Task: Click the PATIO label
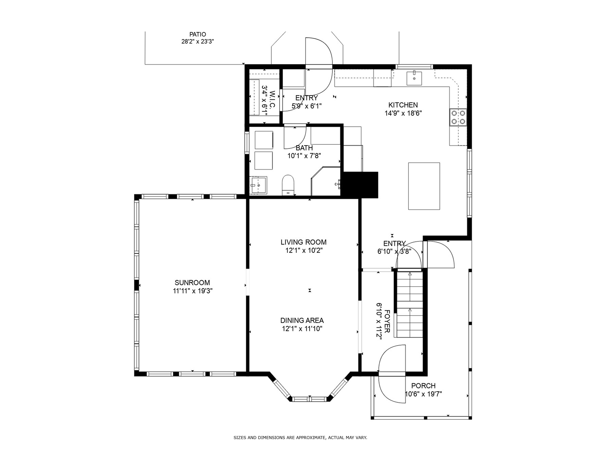click(198, 34)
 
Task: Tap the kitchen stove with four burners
click(458, 117)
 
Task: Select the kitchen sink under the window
click(414, 78)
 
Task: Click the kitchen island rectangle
click(424, 186)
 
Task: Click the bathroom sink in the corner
click(258, 185)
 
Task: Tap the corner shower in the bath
click(326, 181)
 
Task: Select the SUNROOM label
click(192, 283)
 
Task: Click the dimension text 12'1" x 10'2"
click(303, 250)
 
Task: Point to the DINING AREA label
click(302, 320)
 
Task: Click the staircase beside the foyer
click(409, 304)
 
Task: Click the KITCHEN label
click(403, 105)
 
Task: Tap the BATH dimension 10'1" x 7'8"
click(304, 156)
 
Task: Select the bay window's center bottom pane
click(310, 399)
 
